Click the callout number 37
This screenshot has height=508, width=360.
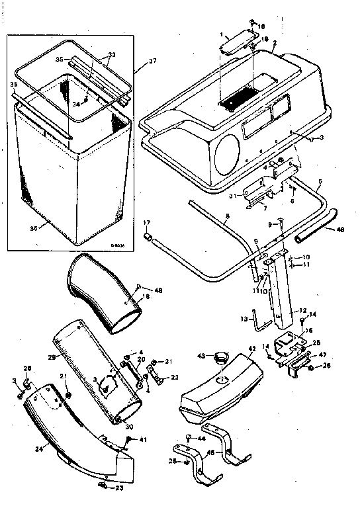153,62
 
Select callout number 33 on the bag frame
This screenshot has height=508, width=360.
111,56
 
